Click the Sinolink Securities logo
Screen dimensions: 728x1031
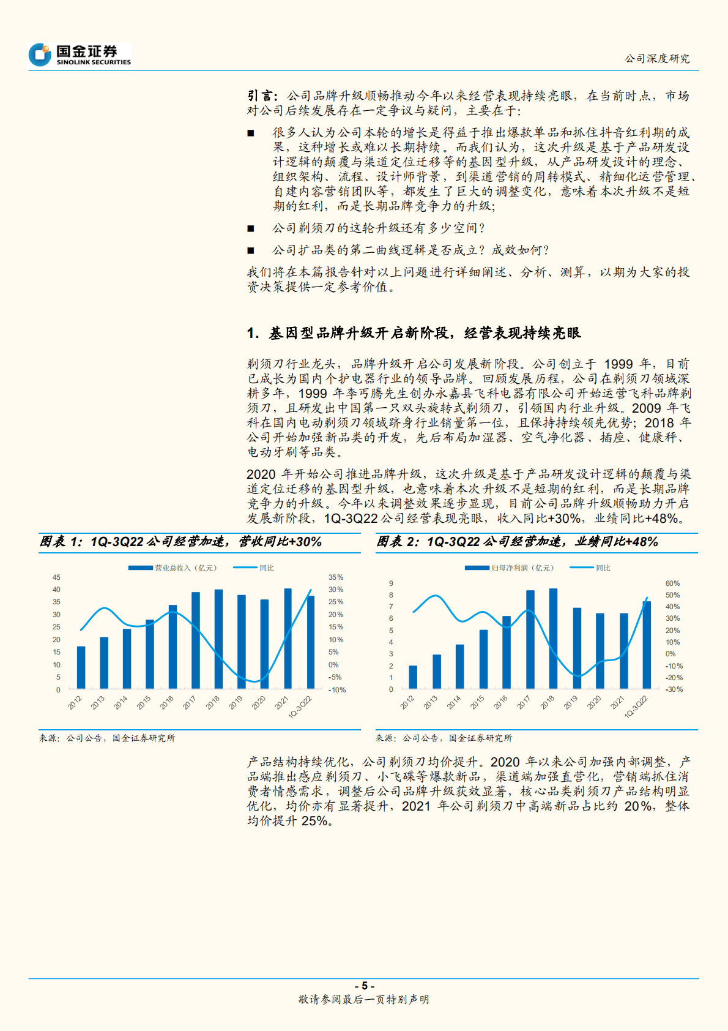click(x=80, y=54)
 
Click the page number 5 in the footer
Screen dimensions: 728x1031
click(x=364, y=985)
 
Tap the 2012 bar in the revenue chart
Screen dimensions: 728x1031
click(x=81, y=667)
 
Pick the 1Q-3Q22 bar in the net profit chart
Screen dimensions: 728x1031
click(x=647, y=645)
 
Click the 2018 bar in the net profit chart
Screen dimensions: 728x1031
click(x=553, y=639)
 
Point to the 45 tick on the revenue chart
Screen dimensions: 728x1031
click(x=56, y=577)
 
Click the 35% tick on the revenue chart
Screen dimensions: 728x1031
click(x=336, y=577)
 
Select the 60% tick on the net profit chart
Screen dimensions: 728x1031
click(x=672, y=583)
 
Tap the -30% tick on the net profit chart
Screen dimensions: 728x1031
click(x=674, y=689)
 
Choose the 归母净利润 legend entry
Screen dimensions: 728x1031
click(x=509, y=568)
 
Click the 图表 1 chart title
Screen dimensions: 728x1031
click(x=180, y=542)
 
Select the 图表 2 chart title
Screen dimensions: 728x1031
click(x=517, y=542)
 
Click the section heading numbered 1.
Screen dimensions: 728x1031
click(x=414, y=333)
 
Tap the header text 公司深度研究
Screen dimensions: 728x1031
click(x=657, y=59)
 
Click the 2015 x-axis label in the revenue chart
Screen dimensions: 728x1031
click(x=144, y=703)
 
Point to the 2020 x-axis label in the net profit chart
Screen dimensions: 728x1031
click(x=594, y=703)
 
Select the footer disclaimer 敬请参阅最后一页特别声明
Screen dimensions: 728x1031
click(x=363, y=999)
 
